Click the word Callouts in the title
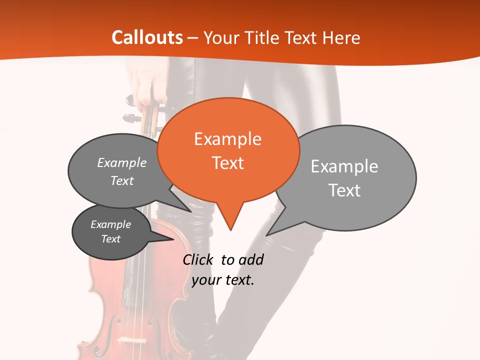[147, 37]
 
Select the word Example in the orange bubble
[227, 139]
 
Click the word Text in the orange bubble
[227, 163]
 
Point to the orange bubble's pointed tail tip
[230, 230]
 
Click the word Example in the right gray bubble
[344, 166]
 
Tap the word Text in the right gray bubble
[344, 190]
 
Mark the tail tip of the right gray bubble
[266, 235]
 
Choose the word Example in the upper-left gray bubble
[122, 163]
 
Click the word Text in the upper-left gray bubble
[122, 180]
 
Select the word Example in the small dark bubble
[110, 224]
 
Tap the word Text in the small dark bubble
[110, 239]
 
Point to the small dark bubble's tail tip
[173, 240]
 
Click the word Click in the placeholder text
[199, 259]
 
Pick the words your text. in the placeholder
[223, 280]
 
